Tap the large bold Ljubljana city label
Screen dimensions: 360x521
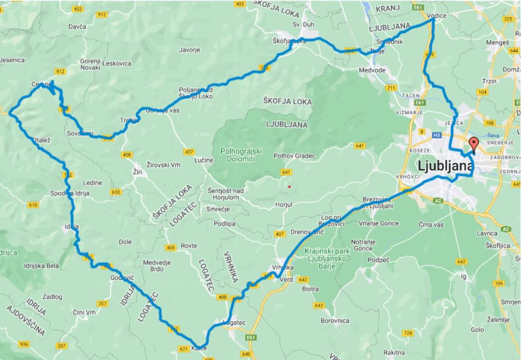pyautogui.click(x=444, y=167)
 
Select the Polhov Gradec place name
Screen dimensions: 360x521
pyautogui.click(x=294, y=156)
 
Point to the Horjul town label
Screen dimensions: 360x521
pyautogui.click(x=283, y=205)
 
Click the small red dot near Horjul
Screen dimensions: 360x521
pyautogui.click(x=289, y=186)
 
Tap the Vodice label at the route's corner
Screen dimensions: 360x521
pyautogui.click(x=437, y=15)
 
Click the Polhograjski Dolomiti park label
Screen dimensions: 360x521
pyautogui.click(x=241, y=155)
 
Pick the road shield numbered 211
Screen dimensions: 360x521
pyautogui.click(x=391, y=88)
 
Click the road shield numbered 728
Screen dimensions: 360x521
pyautogui.click(x=408, y=333)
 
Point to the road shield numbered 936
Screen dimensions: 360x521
pyautogui.click(x=24, y=344)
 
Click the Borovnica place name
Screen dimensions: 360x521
pyautogui.click(x=335, y=320)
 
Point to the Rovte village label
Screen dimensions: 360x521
pyautogui.click(x=189, y=246)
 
